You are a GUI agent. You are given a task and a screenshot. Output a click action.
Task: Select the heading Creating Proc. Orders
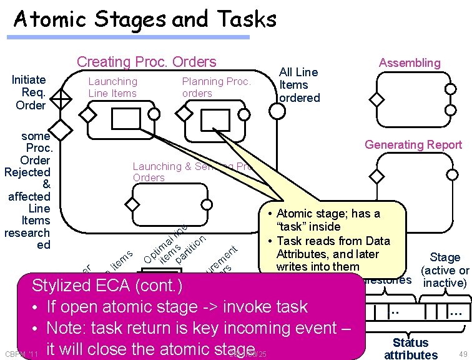146,62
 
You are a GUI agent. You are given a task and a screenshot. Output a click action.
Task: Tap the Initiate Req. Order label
29,92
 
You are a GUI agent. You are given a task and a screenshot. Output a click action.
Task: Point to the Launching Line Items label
112,87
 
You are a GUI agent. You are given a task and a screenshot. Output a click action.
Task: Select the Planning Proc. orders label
216,87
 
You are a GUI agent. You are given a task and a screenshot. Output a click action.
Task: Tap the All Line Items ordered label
299,85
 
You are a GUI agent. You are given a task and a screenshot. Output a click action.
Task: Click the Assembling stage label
410,62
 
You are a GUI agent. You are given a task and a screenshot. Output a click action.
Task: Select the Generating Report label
413,145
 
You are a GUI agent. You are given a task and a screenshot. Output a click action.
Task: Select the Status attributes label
410,349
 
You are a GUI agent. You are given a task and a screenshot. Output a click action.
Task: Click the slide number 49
461,354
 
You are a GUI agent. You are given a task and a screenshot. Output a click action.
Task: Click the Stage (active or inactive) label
445,270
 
